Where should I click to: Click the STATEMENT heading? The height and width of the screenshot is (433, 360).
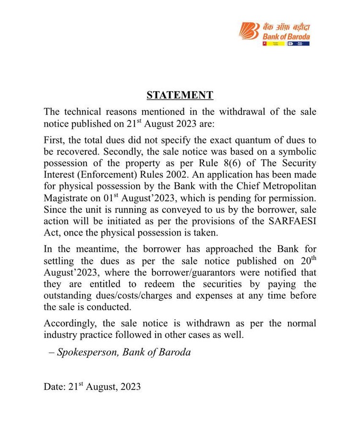(180, 95)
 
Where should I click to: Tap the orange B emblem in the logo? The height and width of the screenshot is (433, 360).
(249, 31)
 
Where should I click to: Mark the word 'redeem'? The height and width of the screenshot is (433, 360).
(139, 284)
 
